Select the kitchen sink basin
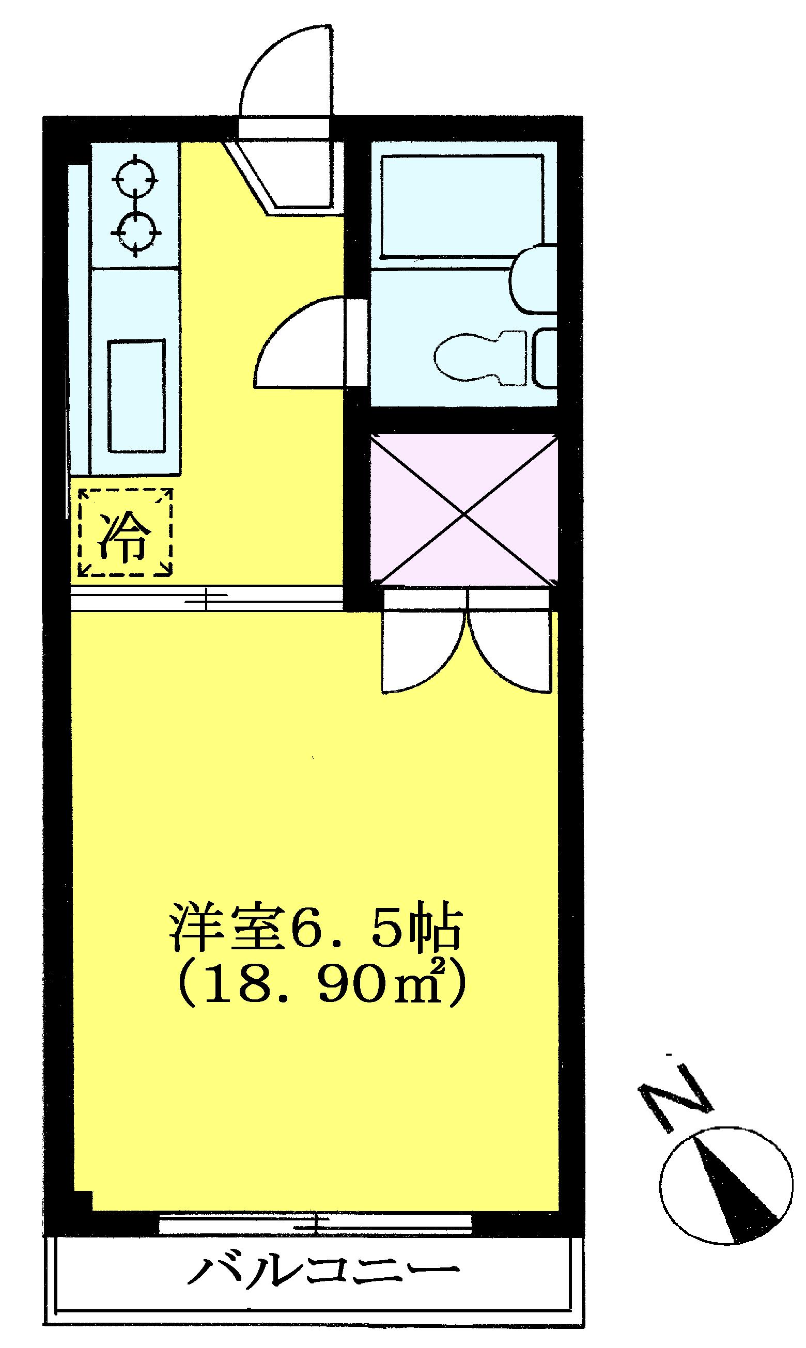pyautogui.click(x=136, y=396)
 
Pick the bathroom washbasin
pyautogui.click(x=535, y=279)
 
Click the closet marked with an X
pyautogui.click(x=463, y=510)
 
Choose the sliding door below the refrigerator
pyautogui.click(x=206, y=598)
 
